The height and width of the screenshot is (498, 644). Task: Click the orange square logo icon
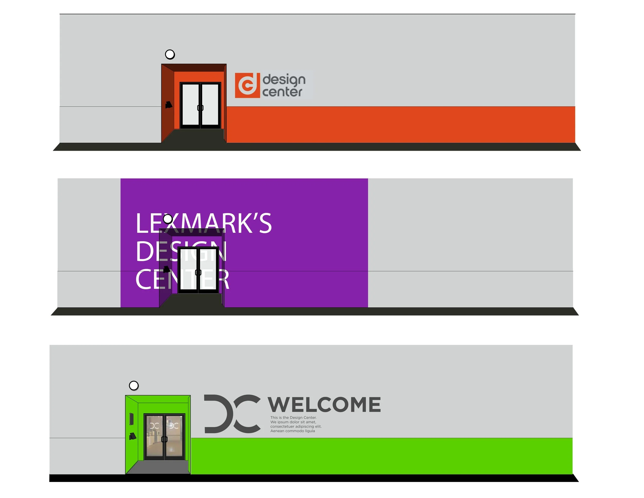click(x=247, y=85)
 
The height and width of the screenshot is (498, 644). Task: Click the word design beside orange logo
click(x=284, y=80)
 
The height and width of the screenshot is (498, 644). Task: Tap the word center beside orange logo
click(x=282, y=92)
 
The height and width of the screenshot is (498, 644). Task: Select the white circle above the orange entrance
click(x=170, y=54)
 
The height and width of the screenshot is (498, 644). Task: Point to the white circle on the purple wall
click(x=168, y=219)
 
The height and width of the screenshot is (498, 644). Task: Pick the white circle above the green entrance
click(x=134, y=385)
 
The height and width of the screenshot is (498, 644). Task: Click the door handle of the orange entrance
click(x=200, y=108)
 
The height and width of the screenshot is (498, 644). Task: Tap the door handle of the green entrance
click(x=164, y=439)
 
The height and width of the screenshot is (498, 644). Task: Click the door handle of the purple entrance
click(x=198, y=272)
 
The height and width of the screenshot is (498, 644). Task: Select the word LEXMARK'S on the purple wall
click(x=204, y=223)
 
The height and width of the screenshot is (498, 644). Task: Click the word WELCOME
click(x=324, y=404)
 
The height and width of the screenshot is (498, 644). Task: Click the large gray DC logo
click(x=232, y=414)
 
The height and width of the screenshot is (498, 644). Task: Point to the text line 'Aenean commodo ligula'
click(x=293, y=431)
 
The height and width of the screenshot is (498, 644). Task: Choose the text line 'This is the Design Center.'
click(x=293, y=418)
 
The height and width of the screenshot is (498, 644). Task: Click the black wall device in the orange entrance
click(x=169, y=105)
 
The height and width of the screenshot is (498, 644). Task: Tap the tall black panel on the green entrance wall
click(x=132, y=419)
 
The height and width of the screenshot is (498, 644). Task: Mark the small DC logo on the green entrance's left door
click(x=155, y=426)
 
